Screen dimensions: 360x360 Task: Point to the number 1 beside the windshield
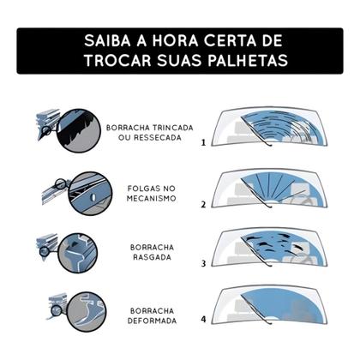[203, 144]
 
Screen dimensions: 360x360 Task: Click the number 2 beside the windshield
[203, 206]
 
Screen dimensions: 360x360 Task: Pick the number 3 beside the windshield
[203, 263]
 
